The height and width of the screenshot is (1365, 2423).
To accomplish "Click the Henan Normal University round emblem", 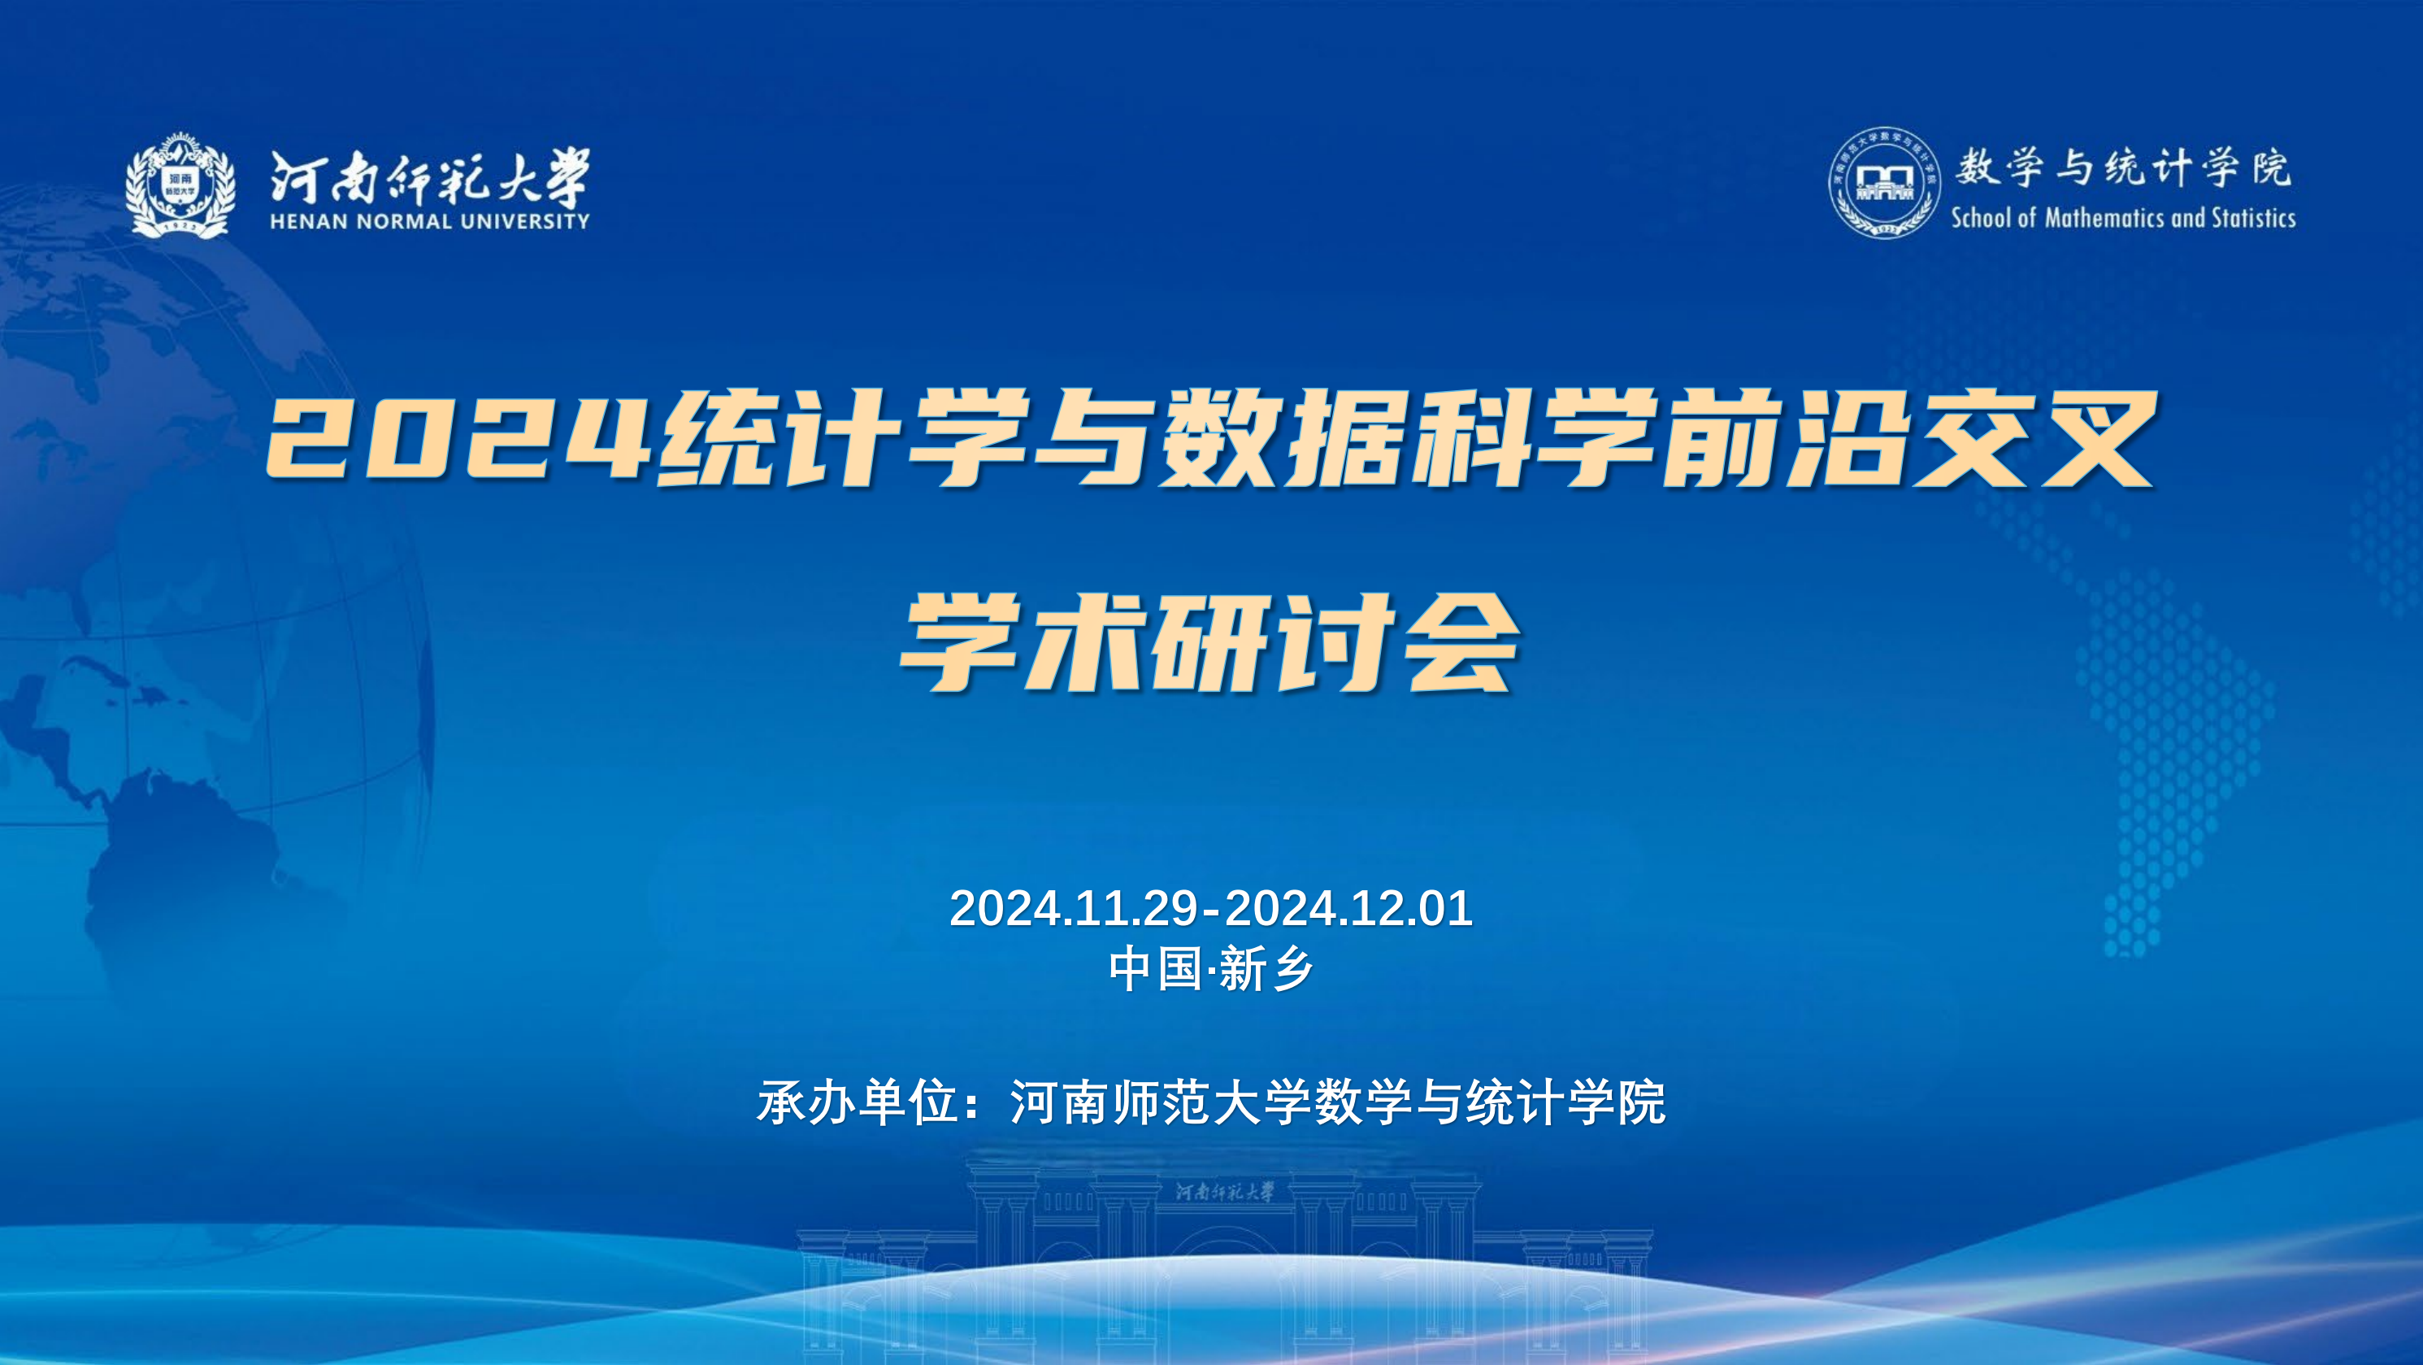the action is tap(180, 185).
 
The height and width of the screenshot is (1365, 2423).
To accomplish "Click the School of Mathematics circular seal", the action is tap(1884, 182).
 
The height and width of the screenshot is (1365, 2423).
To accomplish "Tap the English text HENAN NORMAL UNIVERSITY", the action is tap(430, 221).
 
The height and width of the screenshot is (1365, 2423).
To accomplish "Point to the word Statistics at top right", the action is tap(2254, 218).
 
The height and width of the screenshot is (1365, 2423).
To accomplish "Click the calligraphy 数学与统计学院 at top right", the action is tap(2124, 167).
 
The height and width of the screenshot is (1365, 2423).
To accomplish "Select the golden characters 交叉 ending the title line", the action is tap(2034, 439).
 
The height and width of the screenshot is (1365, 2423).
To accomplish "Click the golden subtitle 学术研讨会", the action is tap(1209, 643).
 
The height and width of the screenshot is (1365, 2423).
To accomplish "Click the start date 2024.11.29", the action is tap(1073, 909).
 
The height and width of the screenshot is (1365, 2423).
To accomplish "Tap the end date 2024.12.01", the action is tap(1348, 909).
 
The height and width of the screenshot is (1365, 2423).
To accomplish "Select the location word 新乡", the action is tap(1266, 970).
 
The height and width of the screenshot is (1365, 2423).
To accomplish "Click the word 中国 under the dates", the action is tap(1155, 970).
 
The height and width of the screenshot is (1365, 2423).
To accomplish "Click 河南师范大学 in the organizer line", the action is tap(1160, 1102).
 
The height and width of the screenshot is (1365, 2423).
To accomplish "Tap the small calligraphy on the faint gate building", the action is tap(1225, 1192).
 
